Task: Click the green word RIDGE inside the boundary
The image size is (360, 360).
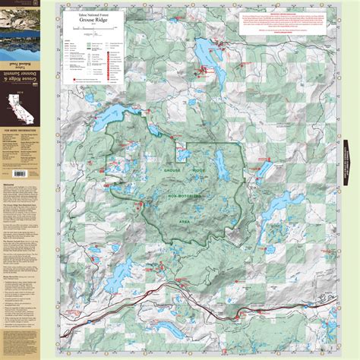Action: [201, 172]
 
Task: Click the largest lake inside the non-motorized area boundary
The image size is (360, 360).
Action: [220, 161]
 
